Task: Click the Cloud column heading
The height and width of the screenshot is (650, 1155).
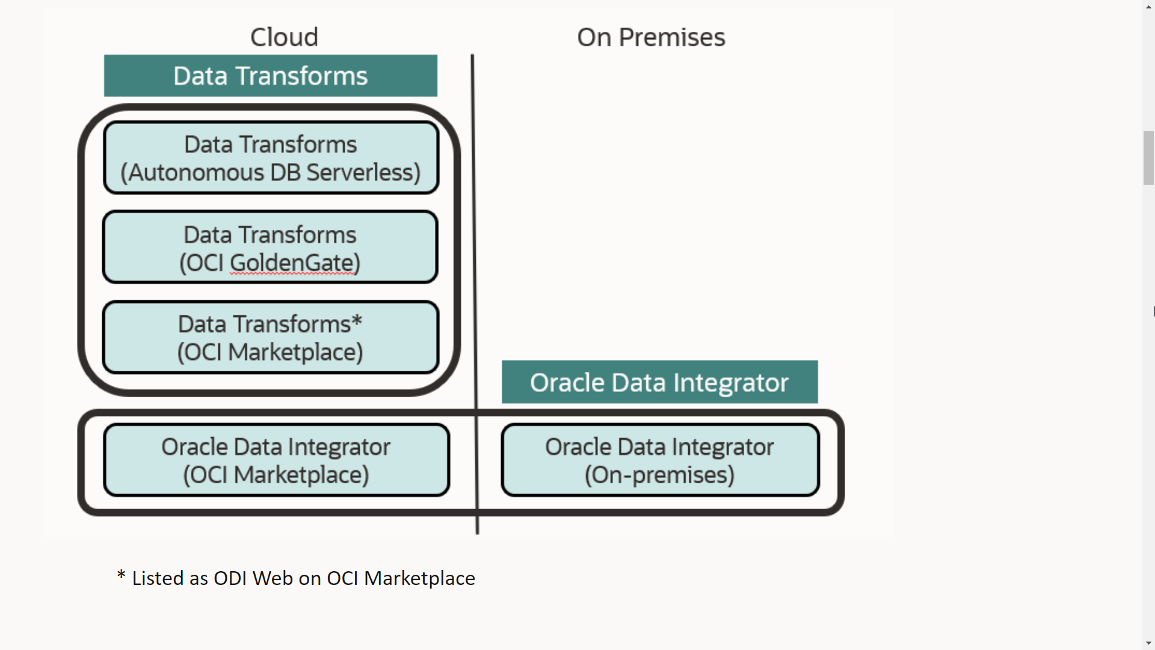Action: pyautogui.click(x=284, y=37)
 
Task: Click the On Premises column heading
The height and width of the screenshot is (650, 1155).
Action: pyautogui.click(x=651, y=37)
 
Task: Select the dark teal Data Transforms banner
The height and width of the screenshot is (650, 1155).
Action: pyautogui.click(x=271, y=76)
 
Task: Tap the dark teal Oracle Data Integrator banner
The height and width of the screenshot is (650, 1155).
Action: pyautogui.click(x=659, y=382)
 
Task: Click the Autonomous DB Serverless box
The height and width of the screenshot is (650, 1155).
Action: pyautogui.click(x=271, y=158)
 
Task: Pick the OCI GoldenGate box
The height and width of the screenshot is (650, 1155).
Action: pyautogui.click(x=270, y=247)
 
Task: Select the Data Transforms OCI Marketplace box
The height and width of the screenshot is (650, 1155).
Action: pyautogui.click(x=270, y=338)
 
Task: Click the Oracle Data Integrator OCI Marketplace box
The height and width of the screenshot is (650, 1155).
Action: pyautogui.click(x=276, y=460)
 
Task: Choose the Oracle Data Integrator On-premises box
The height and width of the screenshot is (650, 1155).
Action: pyautogui.click(x=660, y=460)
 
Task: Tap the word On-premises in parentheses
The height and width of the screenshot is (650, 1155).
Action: pyautogui.click(x=660, y=475)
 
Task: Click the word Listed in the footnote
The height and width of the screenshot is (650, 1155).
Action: pyautogui.click(x=158, y=578)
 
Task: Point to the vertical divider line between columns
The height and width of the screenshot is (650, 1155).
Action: pyautogui.click(x=475, y=241)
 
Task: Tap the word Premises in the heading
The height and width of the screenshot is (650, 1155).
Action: pyautogui.click(x=672, y=37)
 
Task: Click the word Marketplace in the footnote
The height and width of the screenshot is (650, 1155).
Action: pyautogui.click(x=419, y=578)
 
